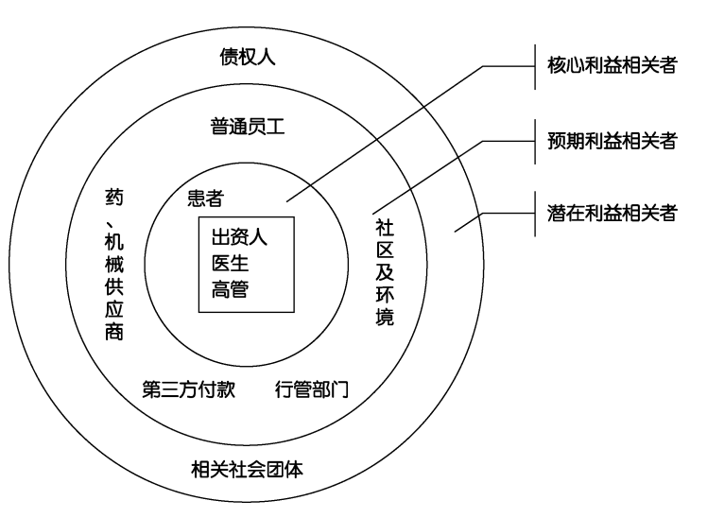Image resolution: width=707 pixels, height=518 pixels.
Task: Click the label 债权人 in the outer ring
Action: (x=248, y=57)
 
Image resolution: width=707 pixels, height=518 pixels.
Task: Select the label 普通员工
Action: (x=248, y=127)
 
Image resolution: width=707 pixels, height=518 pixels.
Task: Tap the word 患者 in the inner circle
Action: (x=206, y=198)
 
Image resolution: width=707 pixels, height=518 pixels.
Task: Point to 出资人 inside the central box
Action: (x=239, y=236)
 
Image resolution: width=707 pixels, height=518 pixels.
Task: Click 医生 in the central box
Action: (x=230, y=263)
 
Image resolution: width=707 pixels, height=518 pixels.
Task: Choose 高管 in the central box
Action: (x=230, y=289)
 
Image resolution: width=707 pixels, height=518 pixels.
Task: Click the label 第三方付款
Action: (x=189, y=389)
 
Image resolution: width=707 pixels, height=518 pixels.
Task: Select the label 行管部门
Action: (x=312, y=389)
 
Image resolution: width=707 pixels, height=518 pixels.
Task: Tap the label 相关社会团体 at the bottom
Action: (x=247, y=469)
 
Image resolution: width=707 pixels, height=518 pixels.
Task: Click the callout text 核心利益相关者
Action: (x=612, y=65)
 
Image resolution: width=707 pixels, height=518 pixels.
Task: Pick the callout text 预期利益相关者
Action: (x=612, y=141)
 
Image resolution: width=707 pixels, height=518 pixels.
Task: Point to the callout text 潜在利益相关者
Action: (x=612, y=213)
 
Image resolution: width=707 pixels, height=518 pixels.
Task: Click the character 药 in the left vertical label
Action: (x=114, y=198)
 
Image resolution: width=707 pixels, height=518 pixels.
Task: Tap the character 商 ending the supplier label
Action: (x=114, y=332)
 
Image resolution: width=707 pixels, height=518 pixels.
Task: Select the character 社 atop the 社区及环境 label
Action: (x=385, y=228)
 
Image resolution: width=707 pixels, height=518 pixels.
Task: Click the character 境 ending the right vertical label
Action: (x=385, y=317)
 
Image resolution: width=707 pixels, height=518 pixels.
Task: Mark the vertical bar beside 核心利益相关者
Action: (x=535, y=67)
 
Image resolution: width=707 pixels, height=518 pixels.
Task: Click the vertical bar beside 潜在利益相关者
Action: (x=535, y=214)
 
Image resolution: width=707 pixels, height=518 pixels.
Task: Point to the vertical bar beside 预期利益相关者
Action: (x=535, y=142)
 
